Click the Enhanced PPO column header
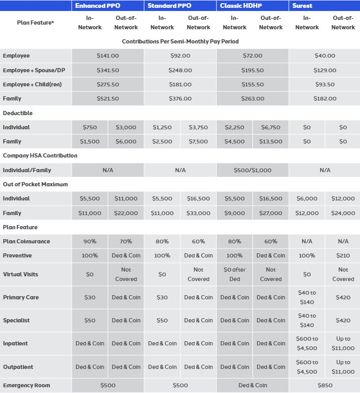(x=97, y=6)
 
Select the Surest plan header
(x=302, y=6)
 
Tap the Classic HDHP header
(x=241, y=6)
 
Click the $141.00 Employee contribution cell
(x=108, y=56)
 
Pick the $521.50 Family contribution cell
(x=108, y=99)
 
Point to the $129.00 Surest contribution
(x=324, y=70)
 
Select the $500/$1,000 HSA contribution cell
(x=252, y=170)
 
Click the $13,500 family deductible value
(x=271, y=141)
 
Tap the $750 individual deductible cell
(x=90, y=127)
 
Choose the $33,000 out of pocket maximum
(x=198, y=213)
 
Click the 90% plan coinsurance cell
(x=90, y=242)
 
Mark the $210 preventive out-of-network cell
(x=343, y=256)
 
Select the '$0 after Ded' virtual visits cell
(x=234, y=274)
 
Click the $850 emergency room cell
(x=324, y=386)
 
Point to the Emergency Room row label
(x=27, y=386)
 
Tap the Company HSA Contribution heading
(x=40, y=156)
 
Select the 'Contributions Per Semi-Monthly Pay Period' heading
(x=181, y=41)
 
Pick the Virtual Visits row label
(x=20, y=274)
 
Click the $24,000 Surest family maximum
(x=343, y=213)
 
